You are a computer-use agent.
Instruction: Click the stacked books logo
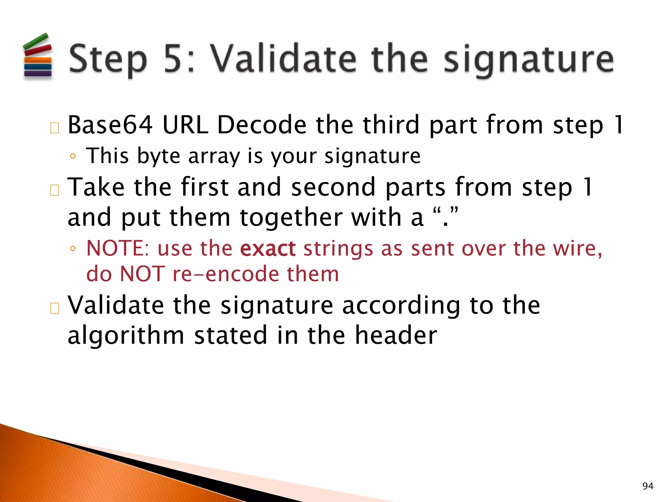[x=38, y=56]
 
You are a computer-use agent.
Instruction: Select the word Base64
[x=110, y=125]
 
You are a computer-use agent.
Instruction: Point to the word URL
[x=185, y=125]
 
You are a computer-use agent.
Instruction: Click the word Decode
[x=262, y=125]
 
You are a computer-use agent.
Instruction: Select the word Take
[x=96, y=187]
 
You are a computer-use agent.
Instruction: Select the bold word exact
[x=268, y=249]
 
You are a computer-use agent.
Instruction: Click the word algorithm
[x=126, y=335]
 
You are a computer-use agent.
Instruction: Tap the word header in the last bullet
[x=396, y=335]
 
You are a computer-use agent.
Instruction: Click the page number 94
[x=648, y=486]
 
